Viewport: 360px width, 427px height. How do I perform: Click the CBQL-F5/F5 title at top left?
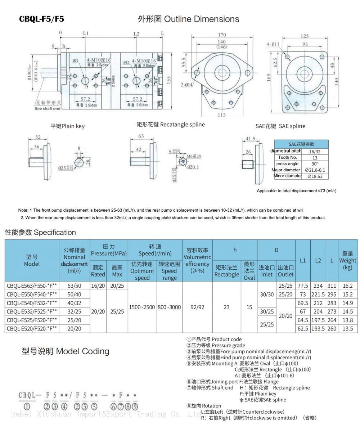click(x=41, y=19)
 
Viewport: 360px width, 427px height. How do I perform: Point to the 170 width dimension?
click(x=222, y=35)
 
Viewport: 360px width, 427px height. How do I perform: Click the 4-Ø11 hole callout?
click(x=273, y=44)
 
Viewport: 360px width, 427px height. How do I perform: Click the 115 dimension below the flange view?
click(x=222, y=115)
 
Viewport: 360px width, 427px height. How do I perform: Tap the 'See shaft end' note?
click(x=48, y=108)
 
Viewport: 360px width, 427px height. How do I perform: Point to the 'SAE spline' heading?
click(x=280, y=126)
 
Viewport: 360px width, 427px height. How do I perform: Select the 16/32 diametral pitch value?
click(x=314, y=152)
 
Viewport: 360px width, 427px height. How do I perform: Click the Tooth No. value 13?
click(x=314, y=158)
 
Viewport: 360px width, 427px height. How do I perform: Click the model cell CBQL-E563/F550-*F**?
click(x=32, y=286)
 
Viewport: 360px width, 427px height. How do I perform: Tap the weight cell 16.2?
click(x=347, y=286)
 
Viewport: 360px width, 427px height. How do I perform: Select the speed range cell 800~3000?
click(x=169, y=307)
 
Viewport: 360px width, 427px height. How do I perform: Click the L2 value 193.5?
click(x=318, y=328)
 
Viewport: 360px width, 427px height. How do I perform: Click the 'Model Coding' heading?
click(x=65, y=351)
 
